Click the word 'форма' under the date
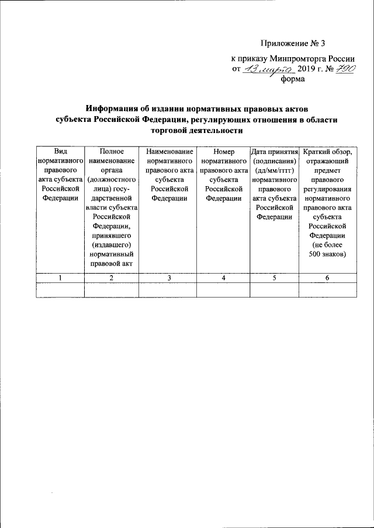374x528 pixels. click(293, 81)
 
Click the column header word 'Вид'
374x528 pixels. click(60, 151)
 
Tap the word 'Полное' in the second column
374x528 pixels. click(111, 151)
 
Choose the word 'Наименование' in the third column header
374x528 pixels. click(169, 151)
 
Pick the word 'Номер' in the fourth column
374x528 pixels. click(224, 151)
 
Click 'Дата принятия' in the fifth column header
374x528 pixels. click(274, 151)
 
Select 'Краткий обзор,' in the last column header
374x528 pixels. click(327, 151)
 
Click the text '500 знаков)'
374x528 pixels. click(327, 254)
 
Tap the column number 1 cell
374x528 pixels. click(60, 278)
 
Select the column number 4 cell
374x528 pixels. click(224, 278)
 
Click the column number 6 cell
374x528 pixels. click(327, 278)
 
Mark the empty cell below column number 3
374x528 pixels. click(168, 290)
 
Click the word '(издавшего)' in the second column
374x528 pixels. click(111, 245)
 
